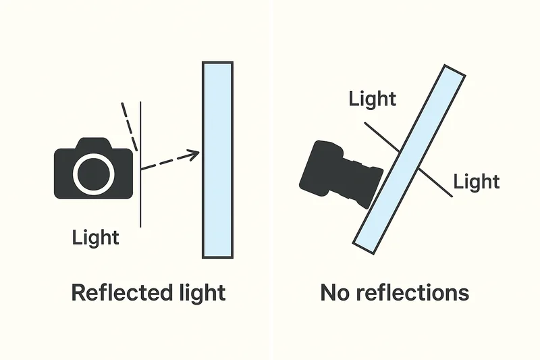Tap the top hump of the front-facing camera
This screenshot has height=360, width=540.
[93, 143]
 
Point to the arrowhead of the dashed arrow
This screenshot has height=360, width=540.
[196, 153]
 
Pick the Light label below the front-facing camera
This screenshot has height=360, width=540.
[95, 237]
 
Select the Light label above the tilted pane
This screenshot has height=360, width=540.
[372, 99]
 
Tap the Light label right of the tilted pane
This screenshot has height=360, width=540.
[476, 181]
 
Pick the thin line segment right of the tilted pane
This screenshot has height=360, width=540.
[436, 182]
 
